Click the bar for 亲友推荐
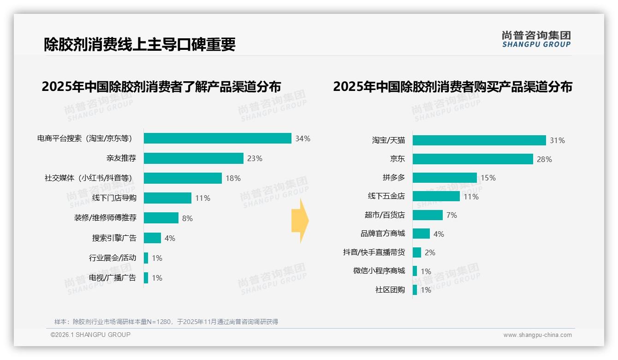(193, 158)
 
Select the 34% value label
(303, 138)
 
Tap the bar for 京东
(473, 159)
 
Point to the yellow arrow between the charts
(300, 221)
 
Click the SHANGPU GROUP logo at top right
(536, 39)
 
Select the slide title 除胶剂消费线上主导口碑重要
(140, 44)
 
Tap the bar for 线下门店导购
(167, 198)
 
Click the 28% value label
(544, 159)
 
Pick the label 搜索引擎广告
(114, 238)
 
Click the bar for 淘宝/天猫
(479, 140)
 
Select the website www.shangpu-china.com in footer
(537, 335)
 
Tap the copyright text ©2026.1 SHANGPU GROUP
(90, 335)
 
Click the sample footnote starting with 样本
(166, 322)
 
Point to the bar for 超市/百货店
(428, 215)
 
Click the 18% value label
(233, 178)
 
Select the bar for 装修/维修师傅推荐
(161, 218)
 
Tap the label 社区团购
(390, 290)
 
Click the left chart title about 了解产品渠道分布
(161, 87)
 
